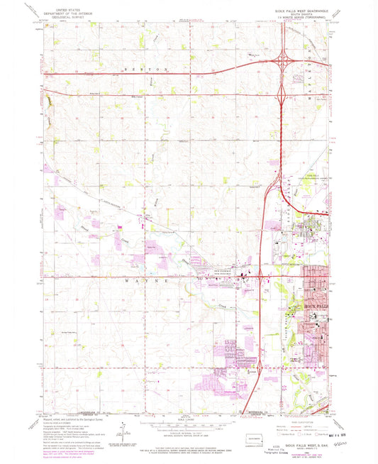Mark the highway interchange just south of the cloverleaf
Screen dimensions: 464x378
pos(284,92)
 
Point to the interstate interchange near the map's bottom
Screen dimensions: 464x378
pos(261,367)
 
